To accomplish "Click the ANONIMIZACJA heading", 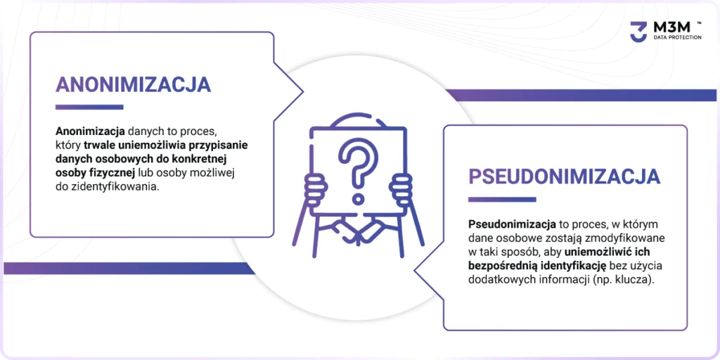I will [x=133, y=84].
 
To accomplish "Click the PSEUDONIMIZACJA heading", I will [x=565, y=176].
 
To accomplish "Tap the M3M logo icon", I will [x=638, y=32].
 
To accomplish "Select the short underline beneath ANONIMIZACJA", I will [x=89, y=108].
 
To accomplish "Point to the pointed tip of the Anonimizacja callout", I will [x=302, y=91].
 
